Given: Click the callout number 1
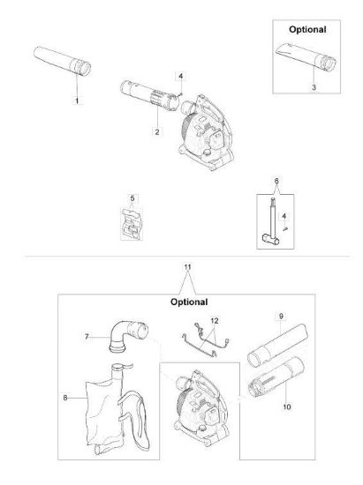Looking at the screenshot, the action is (77, 101).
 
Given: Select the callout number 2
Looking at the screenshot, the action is (157, 131).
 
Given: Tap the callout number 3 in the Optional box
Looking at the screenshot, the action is (314, 87).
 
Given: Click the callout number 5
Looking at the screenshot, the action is (132, 198).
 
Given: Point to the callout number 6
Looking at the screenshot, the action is (276, 181).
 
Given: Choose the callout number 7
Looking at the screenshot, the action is (87, 337).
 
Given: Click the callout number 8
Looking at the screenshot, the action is (65, 398).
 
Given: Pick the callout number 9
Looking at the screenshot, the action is (281, 316).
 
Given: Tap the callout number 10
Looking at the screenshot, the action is (287, 407).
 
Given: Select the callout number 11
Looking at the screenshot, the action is (188, 266).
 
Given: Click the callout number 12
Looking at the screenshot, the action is (215, 321).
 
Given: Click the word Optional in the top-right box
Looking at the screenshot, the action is (307, 29).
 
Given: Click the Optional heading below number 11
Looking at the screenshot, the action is (189, 302).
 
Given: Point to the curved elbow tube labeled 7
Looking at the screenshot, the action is (128, 337).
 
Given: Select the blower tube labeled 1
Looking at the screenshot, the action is (62, 61).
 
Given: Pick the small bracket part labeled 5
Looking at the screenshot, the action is (132, 224).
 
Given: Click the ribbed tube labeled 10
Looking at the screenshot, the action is (276, 377).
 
